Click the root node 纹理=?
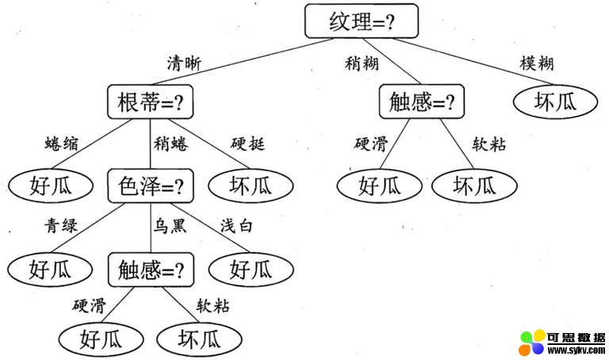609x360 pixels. pos(361,21)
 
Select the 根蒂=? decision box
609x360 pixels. pos(151,102)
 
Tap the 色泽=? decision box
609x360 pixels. pos(151,186)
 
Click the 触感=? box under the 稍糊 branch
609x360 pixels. pos(423,102)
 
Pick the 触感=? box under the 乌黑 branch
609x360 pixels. pos(151,270)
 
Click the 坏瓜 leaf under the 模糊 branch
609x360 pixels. pos(543,101)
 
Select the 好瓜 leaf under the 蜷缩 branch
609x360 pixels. pos(52,186)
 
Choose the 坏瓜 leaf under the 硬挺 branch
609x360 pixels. pos(251,186)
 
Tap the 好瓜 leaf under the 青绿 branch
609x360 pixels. pos(52,270)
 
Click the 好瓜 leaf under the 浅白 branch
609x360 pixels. pos(251,270)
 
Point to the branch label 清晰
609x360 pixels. pos(184,63)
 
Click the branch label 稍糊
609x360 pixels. pos(361,63)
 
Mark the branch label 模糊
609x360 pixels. pos(537,63)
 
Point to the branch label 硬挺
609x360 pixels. pos(247,144)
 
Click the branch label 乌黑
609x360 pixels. pos(169,227)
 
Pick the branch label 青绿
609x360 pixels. pos(61,227)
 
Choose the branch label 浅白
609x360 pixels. pos(236,227)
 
